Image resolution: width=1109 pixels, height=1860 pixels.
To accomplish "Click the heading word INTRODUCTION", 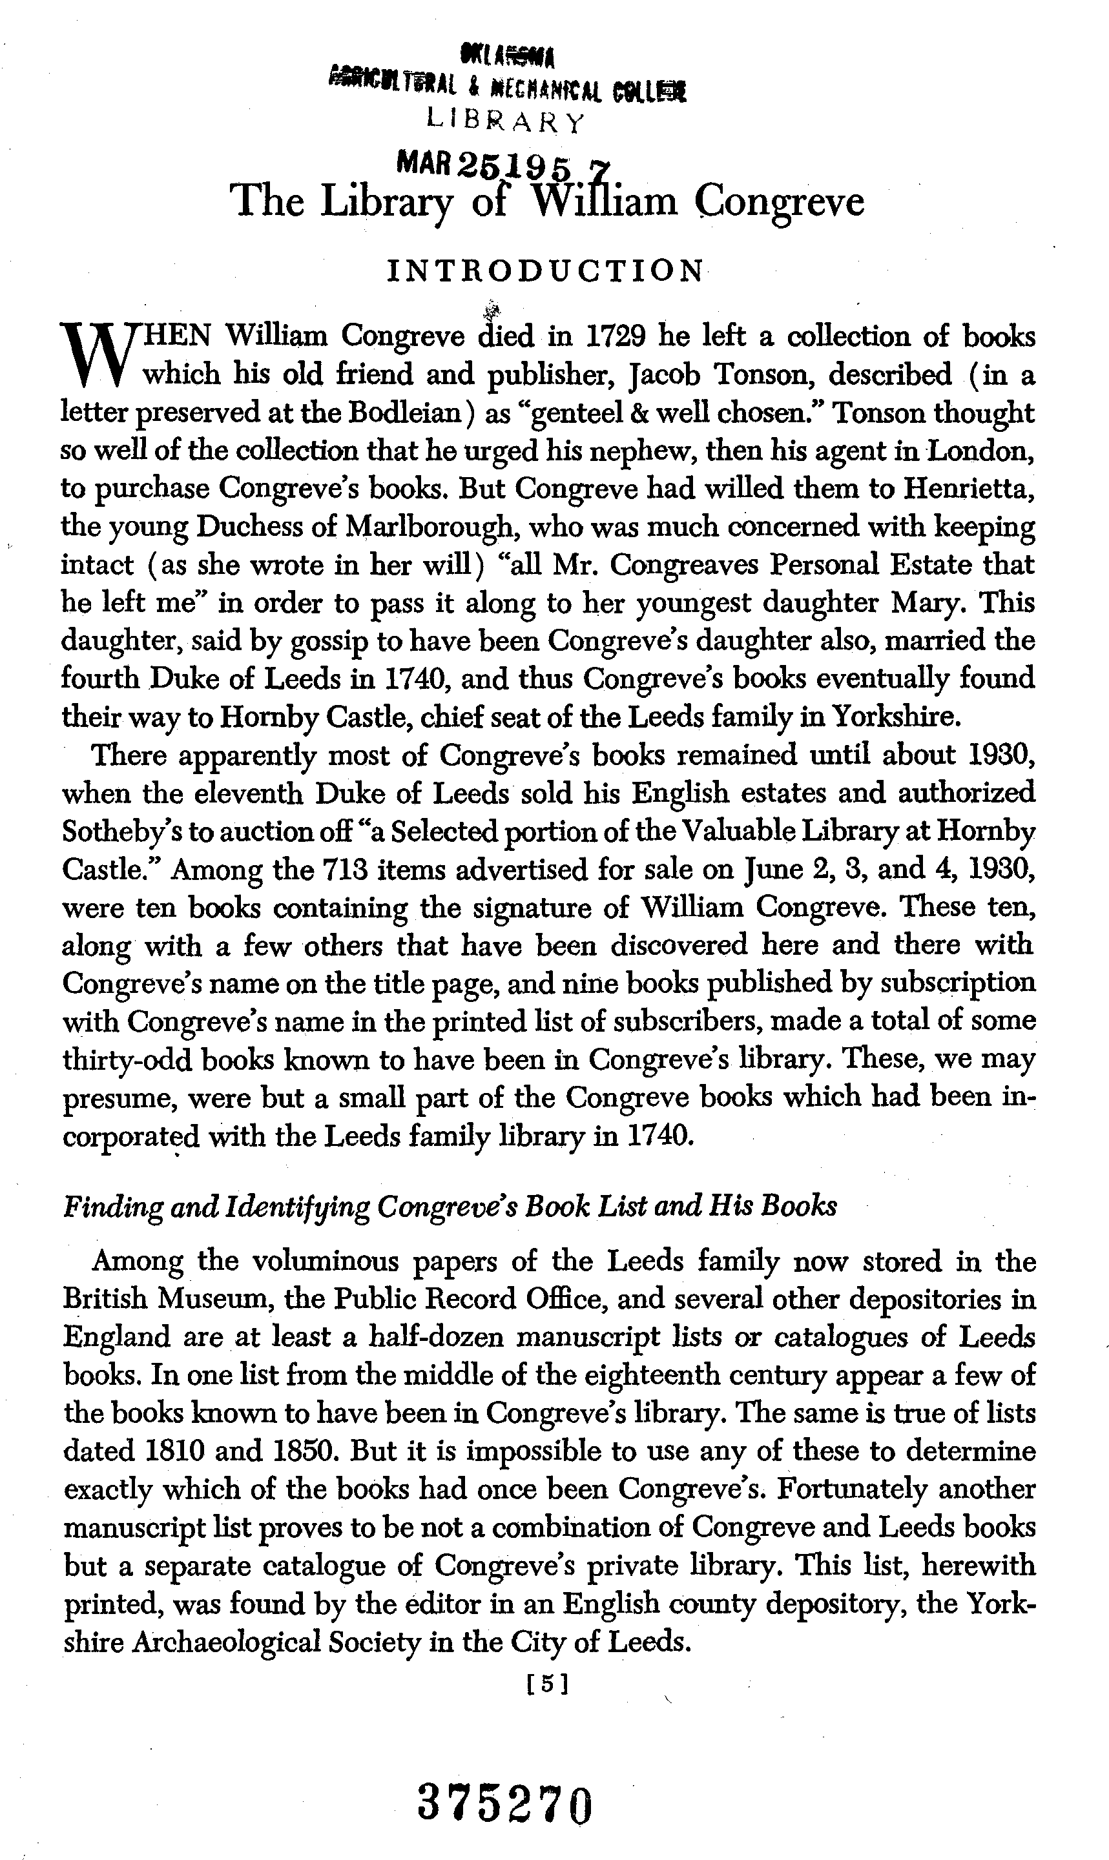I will [x=544, y=271].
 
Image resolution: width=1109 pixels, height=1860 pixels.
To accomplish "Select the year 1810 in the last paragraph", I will [x=134, y=1451].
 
